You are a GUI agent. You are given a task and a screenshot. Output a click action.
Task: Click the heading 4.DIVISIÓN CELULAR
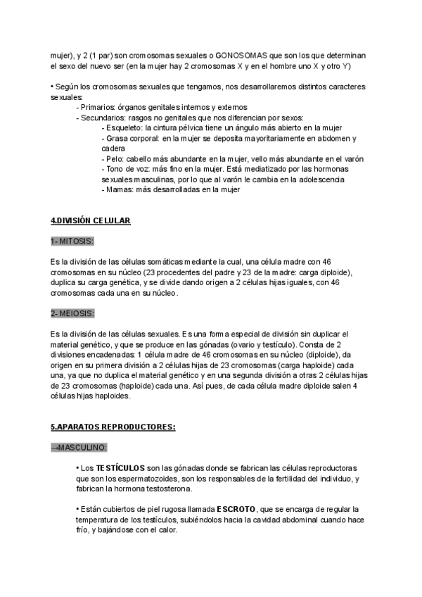tap(91, 220)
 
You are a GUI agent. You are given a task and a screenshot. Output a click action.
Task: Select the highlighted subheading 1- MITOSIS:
tap(72, 241)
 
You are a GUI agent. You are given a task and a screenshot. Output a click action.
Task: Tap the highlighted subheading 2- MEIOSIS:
tap(72, 312)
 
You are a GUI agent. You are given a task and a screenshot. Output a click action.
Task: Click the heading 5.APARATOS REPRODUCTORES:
tap(113, 427)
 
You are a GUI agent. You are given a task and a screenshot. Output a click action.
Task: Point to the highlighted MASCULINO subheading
tap(79, 447)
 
